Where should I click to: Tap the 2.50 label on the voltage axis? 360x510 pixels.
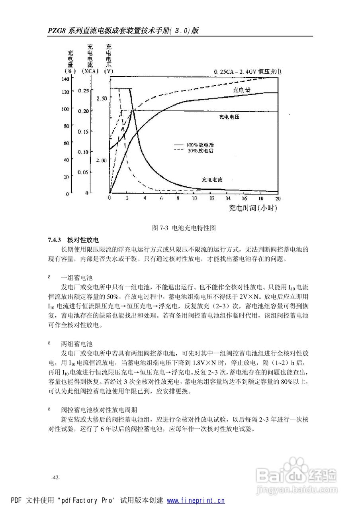pos(102,98)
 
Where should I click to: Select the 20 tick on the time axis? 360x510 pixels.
pos(278,198)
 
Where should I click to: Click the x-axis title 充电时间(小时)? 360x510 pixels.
pos(253,208)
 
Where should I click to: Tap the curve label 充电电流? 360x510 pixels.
pos(212,180)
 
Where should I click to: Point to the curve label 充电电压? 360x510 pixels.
pos(231,117)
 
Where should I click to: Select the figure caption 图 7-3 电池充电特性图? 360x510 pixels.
pos(184,228)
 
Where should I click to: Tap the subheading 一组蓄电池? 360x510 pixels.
pos(77,278)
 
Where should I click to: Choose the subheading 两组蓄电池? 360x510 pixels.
pos(77,343)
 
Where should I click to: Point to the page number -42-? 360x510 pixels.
pos(55,478)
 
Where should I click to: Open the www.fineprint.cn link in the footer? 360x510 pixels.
pos(196,501)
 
